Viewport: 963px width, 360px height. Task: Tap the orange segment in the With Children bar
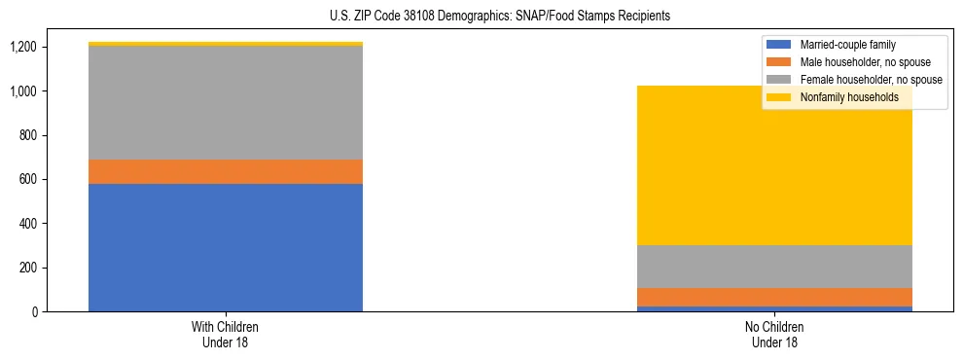point(226,171)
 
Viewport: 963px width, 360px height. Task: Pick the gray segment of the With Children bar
point(226,103)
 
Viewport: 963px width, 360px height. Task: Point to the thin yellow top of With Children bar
point(226,44)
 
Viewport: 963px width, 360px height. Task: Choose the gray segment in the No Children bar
point(774,267)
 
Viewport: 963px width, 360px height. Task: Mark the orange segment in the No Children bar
point(774,297)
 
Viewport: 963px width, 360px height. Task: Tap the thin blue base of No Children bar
point(774,308)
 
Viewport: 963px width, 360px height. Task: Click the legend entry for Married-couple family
point(847,45)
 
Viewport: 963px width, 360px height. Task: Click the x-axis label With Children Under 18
point(226,334)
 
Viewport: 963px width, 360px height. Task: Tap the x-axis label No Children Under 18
point(774,334)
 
